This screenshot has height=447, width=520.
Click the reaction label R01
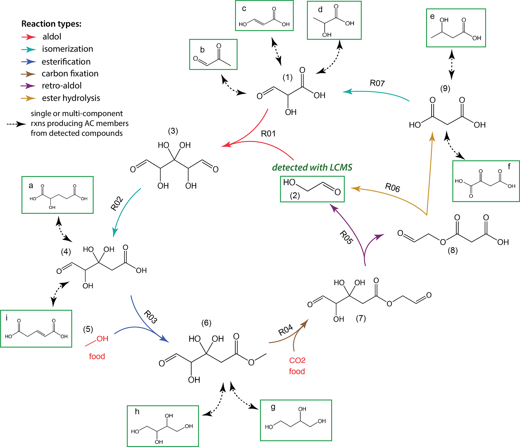tap(268, 134)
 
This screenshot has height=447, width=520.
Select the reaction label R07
tap(377, 83)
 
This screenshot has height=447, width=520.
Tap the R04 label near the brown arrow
tap(286, 330)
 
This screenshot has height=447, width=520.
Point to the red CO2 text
tap(297, 360)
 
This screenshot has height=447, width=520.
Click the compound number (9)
tap(445, 88)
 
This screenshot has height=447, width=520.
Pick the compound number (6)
tap(206, 323)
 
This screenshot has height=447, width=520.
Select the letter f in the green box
tap(509, 166)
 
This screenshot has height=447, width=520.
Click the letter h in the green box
tap(137, 412)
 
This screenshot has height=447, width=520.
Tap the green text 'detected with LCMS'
tap(312, 167)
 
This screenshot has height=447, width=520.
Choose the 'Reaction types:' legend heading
tap(51, 24)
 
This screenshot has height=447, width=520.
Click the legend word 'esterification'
tap(66, 61)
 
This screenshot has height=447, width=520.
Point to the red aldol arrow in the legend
tap(29, 37)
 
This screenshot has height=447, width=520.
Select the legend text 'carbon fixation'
tap(70, 73)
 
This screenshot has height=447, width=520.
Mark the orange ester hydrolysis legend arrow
tap(28, 98)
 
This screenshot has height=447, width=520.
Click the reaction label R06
tap(393, 187)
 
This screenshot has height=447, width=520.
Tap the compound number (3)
tap(173, 131)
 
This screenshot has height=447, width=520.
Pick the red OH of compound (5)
tap(102, 339)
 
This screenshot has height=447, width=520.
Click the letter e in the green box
tap(432, 17)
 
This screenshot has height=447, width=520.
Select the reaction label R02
tap(117, 204)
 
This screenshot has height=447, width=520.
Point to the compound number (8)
tap(453, 250)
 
